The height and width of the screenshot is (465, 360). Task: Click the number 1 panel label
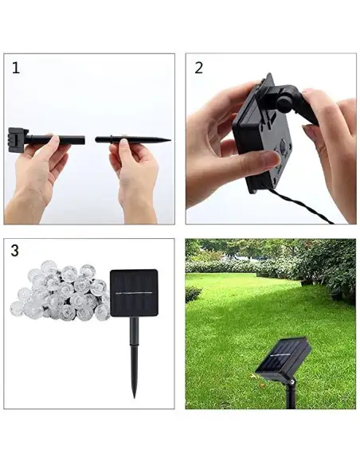15,68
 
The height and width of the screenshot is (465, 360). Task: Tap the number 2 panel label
198,68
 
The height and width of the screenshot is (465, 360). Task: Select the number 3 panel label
15,251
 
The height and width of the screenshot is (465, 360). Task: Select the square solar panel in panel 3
134,292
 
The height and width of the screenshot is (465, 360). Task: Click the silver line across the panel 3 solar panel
134,293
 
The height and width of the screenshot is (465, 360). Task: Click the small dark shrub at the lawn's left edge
194,294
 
